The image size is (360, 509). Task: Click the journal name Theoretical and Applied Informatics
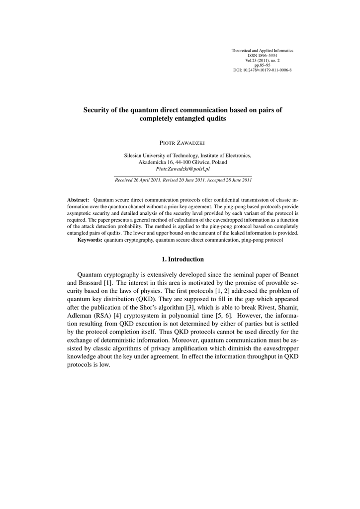[x=262, y=51]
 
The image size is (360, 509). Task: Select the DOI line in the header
[x=262, y=70]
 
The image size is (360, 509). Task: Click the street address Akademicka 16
[x=155, y=162]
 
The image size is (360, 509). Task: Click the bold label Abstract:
[x=78, y=199]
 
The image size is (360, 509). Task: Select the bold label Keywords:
[x=90, y=240]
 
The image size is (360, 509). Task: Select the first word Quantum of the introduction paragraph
[x=90, y=275]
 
